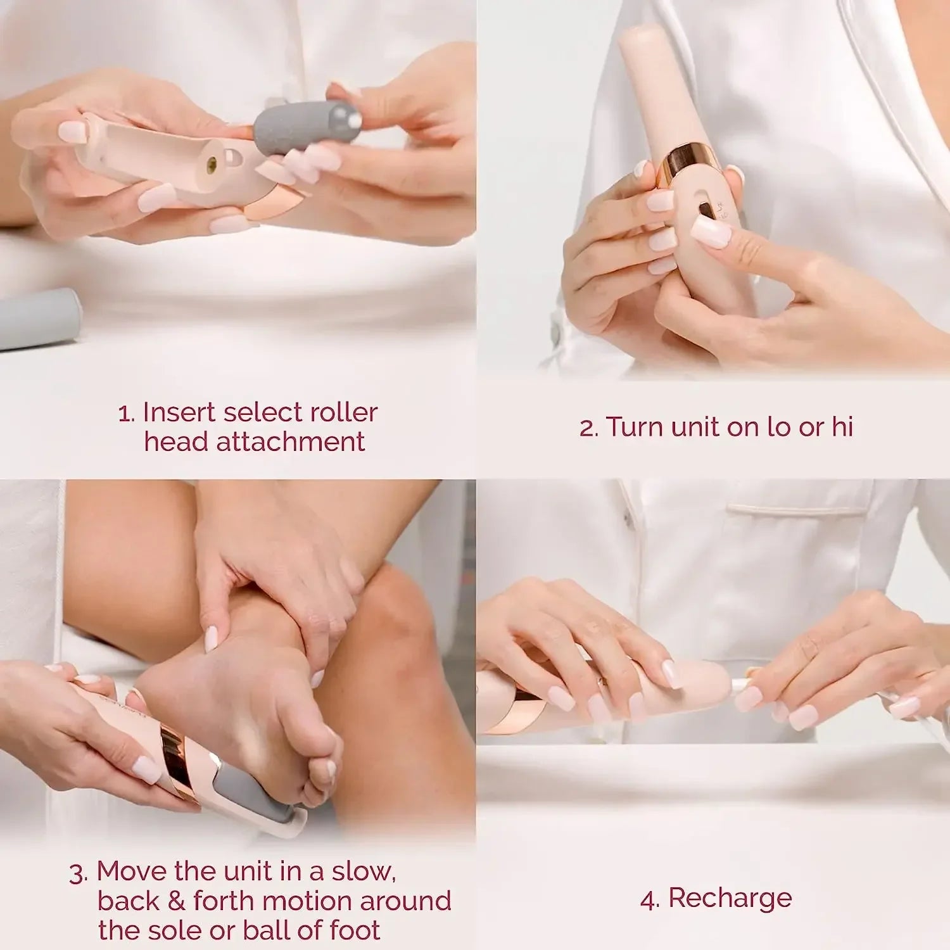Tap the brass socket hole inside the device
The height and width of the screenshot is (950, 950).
212,163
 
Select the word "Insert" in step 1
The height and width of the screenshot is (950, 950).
179,412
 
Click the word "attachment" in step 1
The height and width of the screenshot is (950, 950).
290,441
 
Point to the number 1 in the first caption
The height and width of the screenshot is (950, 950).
125,414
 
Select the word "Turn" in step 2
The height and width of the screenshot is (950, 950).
634,427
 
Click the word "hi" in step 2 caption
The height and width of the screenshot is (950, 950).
842,427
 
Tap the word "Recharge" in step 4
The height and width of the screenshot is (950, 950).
730,898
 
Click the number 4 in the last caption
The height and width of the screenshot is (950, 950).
649,899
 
